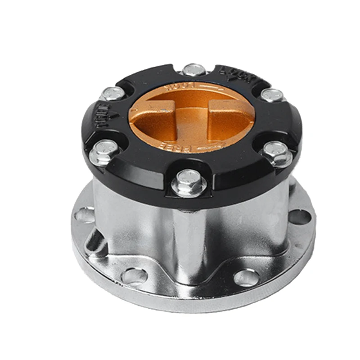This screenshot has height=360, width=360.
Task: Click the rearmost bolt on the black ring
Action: [194, 69]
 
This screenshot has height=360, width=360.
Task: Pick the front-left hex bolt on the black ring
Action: [104, 150]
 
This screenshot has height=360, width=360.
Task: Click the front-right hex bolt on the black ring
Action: [274, 151]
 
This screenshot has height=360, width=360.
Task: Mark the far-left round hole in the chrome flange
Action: [84, 214]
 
